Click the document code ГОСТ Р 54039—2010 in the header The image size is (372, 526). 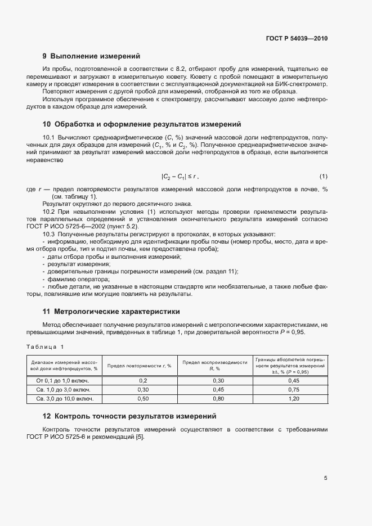click(297, 39)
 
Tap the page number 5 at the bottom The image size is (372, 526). click(325, 478)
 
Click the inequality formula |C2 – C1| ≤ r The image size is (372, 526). click(180, 177)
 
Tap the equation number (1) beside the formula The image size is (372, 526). click(323, 177)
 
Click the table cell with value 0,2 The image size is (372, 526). click(142, 380)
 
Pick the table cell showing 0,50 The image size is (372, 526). click(142, 398)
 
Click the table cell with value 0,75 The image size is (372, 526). click(293, 389)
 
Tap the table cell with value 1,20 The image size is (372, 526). click(293, 398)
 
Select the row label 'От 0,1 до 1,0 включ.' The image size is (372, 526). click(64, 380)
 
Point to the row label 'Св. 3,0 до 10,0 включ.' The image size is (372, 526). click(64, 398)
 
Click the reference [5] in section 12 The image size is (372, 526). click(139, 438)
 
